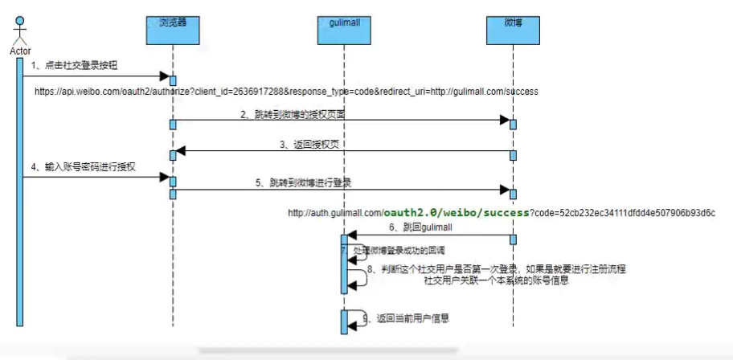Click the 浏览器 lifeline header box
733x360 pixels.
click(x=172, y=25)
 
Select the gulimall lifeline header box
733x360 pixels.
click(x=344, y=25)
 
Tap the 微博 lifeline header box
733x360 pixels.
click(x=513, y=25)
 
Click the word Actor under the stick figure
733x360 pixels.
click(x=21, y=51)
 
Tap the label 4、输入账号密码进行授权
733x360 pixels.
click(x=84, y=167)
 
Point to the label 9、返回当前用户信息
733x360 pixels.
click(x=405, y=319)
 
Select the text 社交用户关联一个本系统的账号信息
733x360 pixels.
click(x=497, y=280)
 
